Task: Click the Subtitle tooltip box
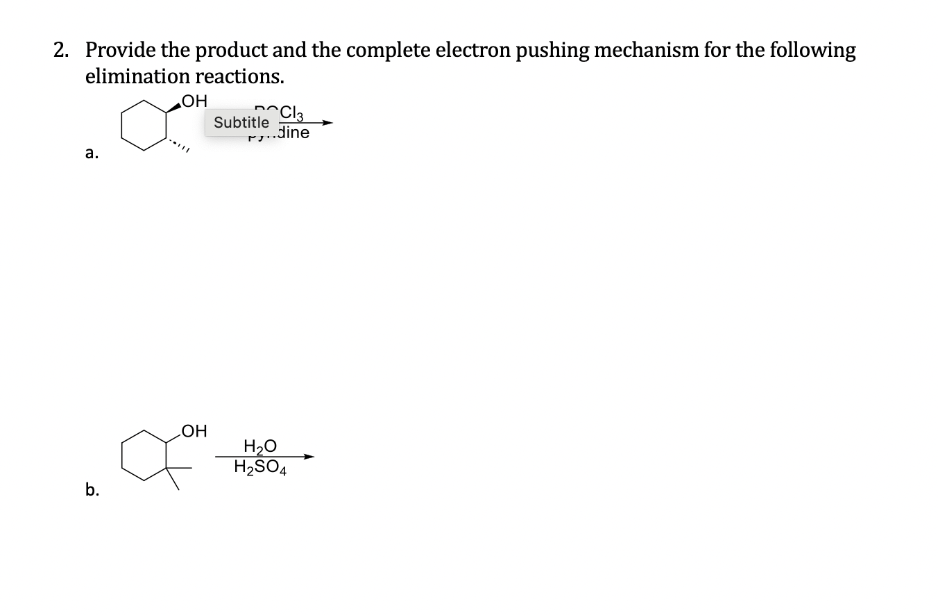click(x=241, y=123)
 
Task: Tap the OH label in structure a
click(x=194, y=102)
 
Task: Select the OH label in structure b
click(x=194, y=431)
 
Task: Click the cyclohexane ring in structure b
click(x=145, y=455)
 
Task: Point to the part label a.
click(x=91, y=155)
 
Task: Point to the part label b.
click(x=92, y=489)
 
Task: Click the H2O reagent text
click(x=260, y=446)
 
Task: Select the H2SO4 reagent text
click(x=262, y=469)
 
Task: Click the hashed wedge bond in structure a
click(x=178, y=144)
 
